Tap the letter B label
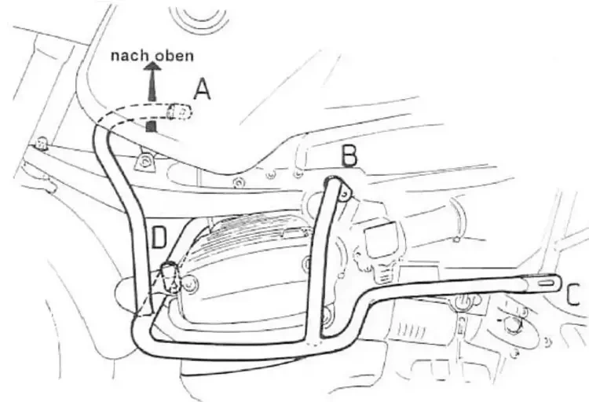coord(349,158)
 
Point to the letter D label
coord(159,236)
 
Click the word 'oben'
coord(174,57)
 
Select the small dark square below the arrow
coord(152,125)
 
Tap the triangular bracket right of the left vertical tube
coord(145,162)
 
